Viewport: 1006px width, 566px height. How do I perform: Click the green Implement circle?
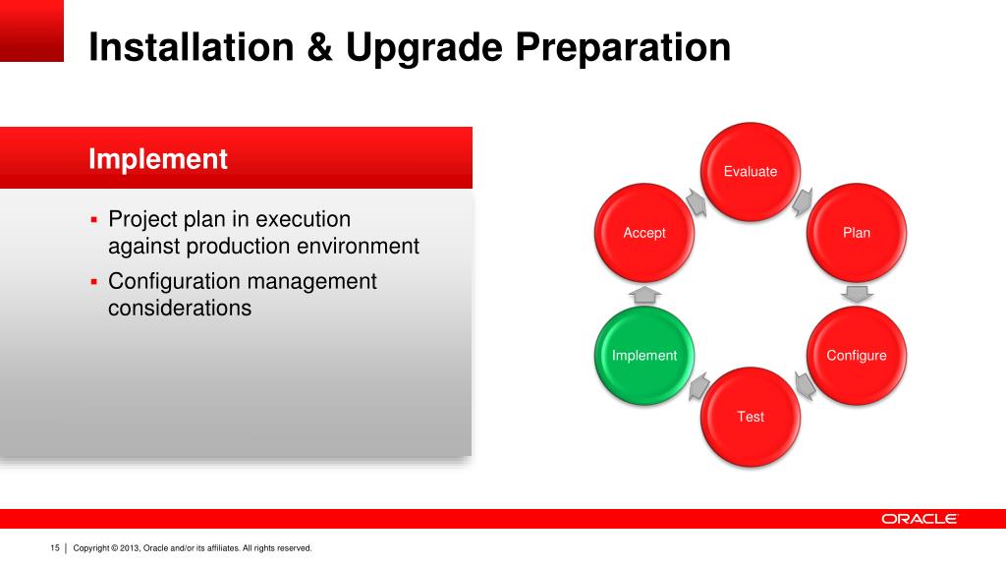[644, 355]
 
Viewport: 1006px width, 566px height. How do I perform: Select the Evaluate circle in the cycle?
[750, 171]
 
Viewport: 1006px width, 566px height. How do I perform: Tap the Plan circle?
[856, 232]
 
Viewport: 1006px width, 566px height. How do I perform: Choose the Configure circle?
[856, 355]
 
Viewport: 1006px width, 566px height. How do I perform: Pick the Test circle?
[750, 417]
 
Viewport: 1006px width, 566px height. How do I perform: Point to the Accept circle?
[644, 232]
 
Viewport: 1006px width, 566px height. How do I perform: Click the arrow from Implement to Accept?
[644, 295]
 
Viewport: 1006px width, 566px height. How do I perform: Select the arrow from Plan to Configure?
[857, 294]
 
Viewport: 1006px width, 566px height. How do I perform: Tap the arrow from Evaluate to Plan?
[803, 202]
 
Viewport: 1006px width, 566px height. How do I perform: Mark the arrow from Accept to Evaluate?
[697, 202]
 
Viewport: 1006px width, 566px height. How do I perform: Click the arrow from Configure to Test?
[805, 385]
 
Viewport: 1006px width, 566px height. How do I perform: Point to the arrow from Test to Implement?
[699, 385]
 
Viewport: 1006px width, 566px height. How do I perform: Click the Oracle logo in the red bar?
[920, 519]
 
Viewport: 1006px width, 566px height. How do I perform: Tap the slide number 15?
[55, 548]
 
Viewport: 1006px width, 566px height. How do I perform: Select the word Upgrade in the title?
[423, 47]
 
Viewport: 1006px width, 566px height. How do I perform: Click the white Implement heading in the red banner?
[158, 158]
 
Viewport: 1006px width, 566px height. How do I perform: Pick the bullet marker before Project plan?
[93, 220]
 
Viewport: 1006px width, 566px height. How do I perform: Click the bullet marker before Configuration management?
[93, 282]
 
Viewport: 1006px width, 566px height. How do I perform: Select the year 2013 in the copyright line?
[129, 548]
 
